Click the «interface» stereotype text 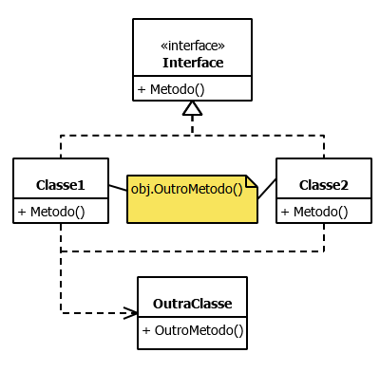point(193,46)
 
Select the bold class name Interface point(193,63)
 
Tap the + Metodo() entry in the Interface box point(171,90)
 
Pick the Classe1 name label point(61,184)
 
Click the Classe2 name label point(324,184)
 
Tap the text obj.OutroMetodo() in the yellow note point(186,189)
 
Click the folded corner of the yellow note point(252,181)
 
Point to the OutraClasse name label point(192,305)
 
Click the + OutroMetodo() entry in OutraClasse point(193,331)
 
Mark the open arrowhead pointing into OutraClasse point(131,311)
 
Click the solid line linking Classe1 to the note point(118,188)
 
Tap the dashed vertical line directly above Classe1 point(61,146)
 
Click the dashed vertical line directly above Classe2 point(324,146)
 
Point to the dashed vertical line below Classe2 point(324,237)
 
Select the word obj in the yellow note point(141,189)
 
